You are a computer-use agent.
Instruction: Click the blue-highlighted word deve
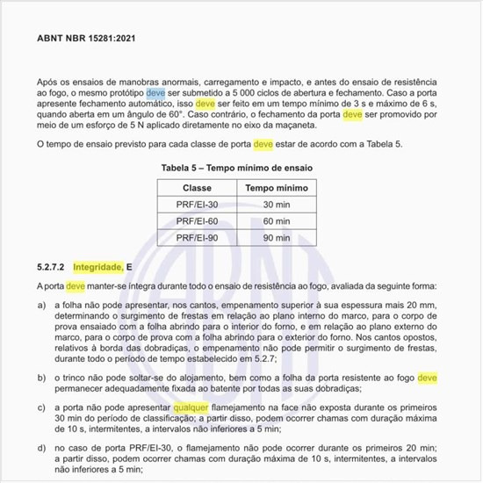click(x=155, y=91)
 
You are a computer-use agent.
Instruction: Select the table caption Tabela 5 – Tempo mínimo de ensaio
click(x=238, y=167)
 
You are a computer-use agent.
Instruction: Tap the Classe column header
click(x=197, y=188)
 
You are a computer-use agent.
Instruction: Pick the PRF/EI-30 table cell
click(x=197, y=205)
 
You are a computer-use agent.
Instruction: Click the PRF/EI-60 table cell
click(x=197, y=221)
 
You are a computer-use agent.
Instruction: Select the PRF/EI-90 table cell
click(x=197, y=237)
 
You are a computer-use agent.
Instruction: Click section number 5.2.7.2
click(x=51, y=265)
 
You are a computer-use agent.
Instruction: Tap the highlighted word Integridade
click(x=97, y=265)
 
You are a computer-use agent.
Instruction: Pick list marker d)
click(x=42, y=447)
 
